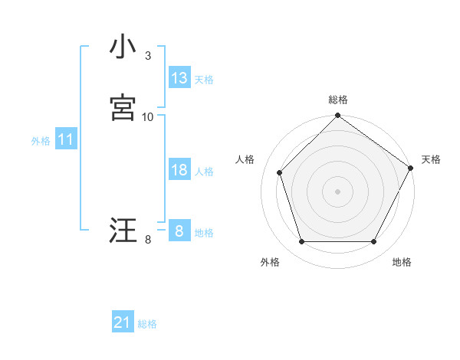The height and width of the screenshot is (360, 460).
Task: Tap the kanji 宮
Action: click(123, 106)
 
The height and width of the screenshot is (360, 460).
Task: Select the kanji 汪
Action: click(123, 230)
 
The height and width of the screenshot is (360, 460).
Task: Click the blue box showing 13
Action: click(179, 78)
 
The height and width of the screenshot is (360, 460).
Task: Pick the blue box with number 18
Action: click(179, 170)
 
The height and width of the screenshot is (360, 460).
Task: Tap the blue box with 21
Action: click(123, 322)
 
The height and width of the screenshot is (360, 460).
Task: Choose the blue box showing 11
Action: click(65, 140)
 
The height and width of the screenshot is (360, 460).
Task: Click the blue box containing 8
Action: click(179, 231)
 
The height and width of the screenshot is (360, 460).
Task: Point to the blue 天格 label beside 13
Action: click(204, 80)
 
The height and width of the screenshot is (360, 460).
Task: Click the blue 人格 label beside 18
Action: click(204, 172)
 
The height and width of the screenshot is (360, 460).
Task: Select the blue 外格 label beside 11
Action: click(41, 141)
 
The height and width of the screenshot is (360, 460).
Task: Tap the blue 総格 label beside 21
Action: click(147, 324)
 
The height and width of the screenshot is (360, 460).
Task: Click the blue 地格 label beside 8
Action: click(204, 233)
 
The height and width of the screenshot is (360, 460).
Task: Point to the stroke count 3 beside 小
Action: click(148, 56)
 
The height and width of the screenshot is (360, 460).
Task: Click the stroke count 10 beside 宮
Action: click(148, 117)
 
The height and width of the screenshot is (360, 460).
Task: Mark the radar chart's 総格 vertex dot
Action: click(337, 116)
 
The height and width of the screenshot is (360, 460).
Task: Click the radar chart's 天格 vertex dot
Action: click(410, 168)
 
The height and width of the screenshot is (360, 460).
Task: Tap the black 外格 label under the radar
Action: click(270, 262)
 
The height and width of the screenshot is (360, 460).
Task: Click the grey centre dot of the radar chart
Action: click(337, 191)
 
